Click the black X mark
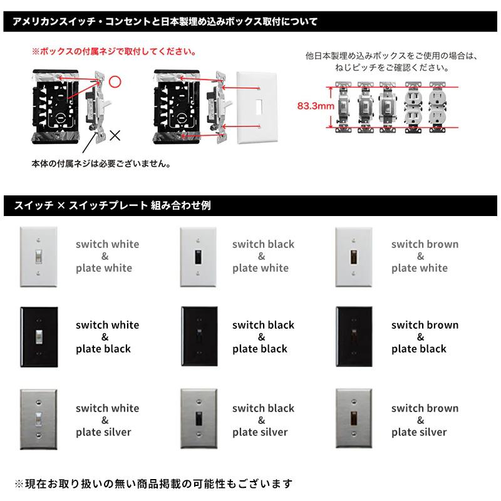(x=115, y=134)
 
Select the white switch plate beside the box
(x=257, y=107)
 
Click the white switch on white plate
(x=39, y=256)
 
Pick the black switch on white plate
(x=198, y=256)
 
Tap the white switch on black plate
(x=39, y=336)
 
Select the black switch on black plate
(x=198, y=336)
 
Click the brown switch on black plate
(x=354, y=336)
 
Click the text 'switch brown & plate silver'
(x=425, y=420)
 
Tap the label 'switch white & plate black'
(x=107, y=337)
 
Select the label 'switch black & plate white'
(x=262, y=256)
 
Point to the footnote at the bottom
(x=153, y=483)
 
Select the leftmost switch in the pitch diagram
(x=343, y=107)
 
